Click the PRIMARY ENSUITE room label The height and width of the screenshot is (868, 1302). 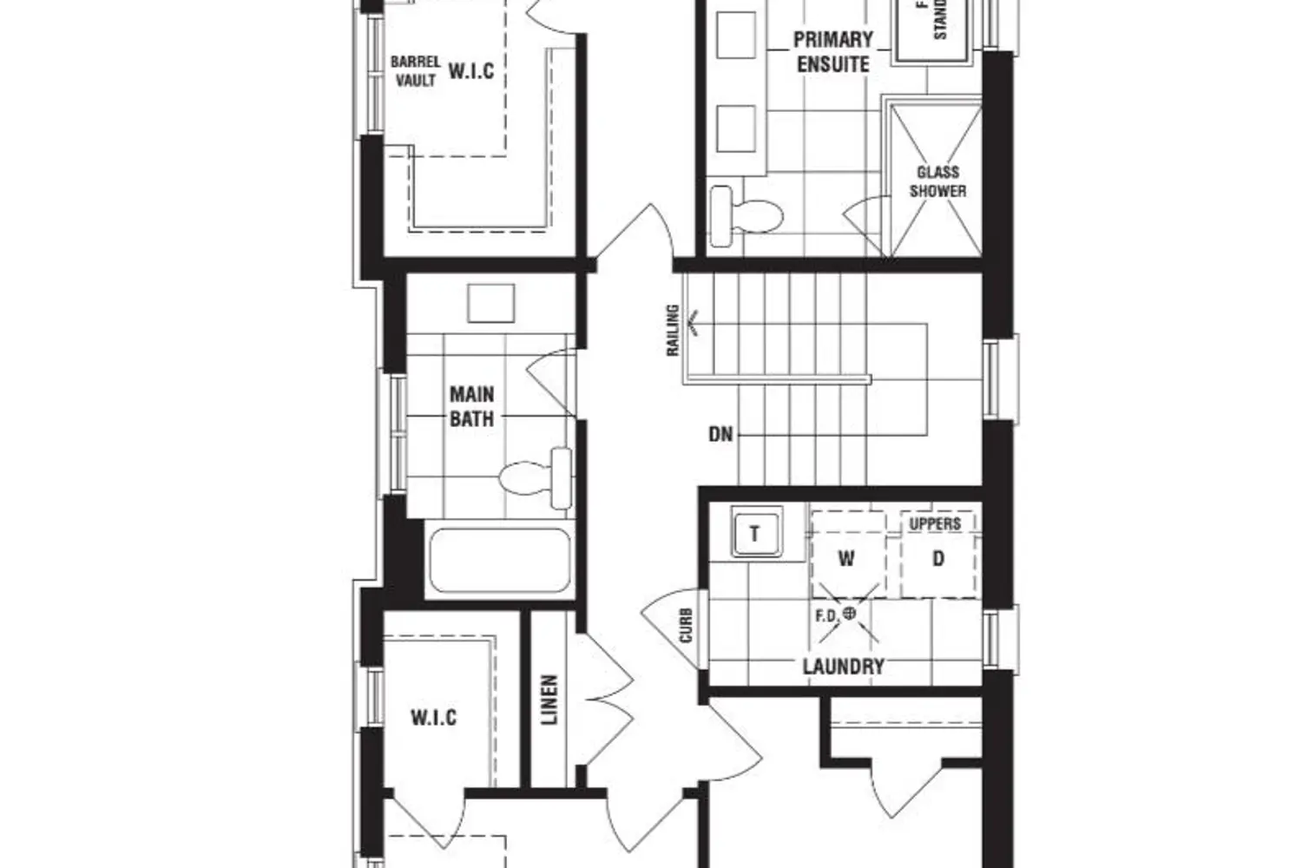(x=832, y=52)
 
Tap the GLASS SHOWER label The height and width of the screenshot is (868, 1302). (x=937, y=181)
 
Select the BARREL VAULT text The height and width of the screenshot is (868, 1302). (x=416, y=71)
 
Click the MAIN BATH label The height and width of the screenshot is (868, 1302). (x=471, y=406)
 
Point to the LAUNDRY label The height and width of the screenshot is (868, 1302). (x=843, y=667)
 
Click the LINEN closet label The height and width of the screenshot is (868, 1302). (x=549, y=700)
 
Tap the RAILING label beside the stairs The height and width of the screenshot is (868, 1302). (x=673, y=330)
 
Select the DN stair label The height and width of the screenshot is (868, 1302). (x=720, y=434)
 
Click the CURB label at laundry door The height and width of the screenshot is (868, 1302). (x=687, y=625)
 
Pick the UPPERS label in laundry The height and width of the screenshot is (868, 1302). (x=935, y=524)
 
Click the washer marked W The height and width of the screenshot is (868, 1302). (x=846, y=559)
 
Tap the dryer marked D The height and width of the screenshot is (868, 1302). (x=937, y=559)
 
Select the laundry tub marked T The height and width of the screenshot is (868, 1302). (x=753, y=534)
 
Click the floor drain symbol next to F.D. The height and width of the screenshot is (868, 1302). (x=850, y=614)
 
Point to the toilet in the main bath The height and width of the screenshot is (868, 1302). (x=535, y=477)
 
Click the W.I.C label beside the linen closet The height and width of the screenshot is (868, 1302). (x=433, y=718)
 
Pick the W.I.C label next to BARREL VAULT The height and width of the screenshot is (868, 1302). (x=471, y=71)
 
